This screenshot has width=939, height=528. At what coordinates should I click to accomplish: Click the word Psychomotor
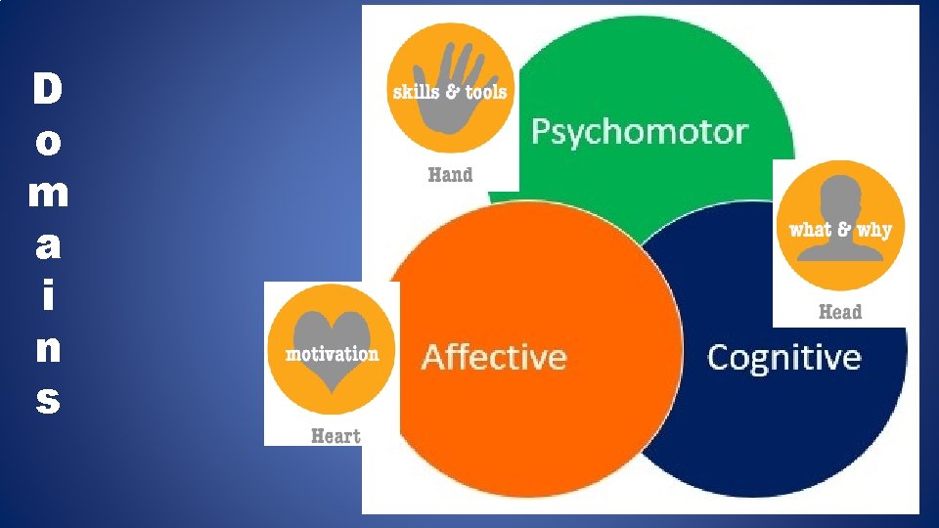tap(639, 132)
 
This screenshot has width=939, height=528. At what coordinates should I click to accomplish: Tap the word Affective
tap(494, 356)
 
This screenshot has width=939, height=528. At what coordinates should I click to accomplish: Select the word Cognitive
tap(783, 357)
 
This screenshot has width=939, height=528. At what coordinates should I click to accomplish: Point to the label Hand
tap(450, 175)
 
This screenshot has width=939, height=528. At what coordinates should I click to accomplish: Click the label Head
tap(839, 312)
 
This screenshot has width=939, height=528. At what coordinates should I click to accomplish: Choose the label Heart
tap(335, 436)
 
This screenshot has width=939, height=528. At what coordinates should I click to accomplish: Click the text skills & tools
tap(450, 92)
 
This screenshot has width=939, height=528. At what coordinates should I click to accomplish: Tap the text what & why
tap(840, 231)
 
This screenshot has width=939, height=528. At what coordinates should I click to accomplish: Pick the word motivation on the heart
tap(332, 354)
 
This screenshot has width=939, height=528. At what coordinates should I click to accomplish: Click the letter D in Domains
tap(47, 90)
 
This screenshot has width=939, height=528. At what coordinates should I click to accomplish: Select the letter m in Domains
tap(48, 194)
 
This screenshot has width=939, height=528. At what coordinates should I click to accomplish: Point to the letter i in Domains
tap(47, 295)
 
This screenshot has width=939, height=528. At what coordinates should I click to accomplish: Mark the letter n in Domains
tap(47, 348)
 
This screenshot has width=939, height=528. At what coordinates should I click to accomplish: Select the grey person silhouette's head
tap(839, 200)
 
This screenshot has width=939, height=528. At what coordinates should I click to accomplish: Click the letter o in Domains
tap(47, 143)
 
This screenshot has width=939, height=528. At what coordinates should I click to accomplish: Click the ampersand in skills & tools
tap(452, 92)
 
